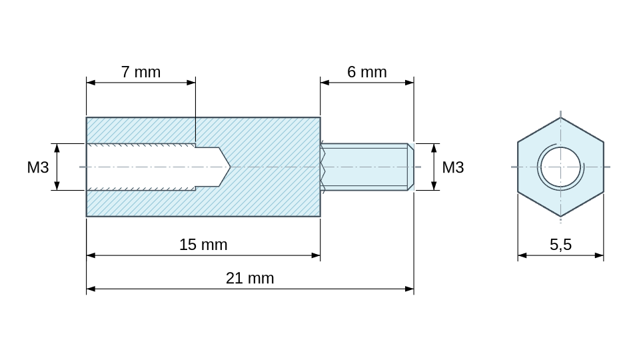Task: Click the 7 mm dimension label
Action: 141,72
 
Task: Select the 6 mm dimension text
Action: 367,72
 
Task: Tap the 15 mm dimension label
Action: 203,245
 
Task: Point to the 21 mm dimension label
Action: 250,278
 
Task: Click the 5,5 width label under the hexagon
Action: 560,245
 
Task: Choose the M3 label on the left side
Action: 38,167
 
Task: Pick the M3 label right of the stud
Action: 453,167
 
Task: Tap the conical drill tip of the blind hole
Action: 225,167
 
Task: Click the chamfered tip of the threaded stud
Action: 410,167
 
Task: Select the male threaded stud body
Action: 364,167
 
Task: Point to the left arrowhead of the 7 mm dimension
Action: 91,83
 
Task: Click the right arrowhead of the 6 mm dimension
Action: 410,83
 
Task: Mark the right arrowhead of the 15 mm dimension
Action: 316,255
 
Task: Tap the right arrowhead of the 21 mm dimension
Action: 410,289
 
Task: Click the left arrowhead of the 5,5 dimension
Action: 522,255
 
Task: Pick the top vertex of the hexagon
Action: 560,117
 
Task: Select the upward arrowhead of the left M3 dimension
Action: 57,148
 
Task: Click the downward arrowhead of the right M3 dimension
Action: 434,186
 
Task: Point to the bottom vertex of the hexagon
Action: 560,217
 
